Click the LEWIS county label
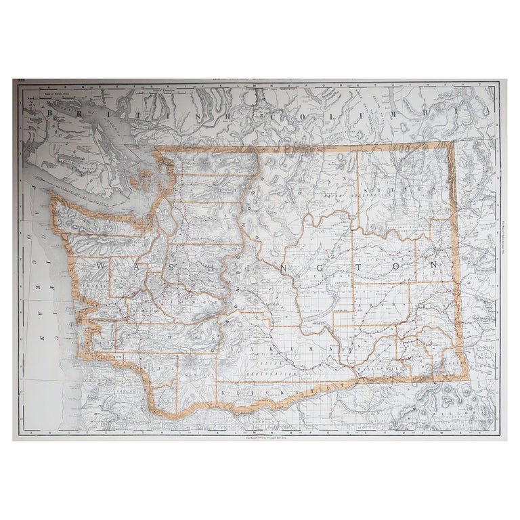pos(162,336)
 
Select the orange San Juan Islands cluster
pos(144,183)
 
